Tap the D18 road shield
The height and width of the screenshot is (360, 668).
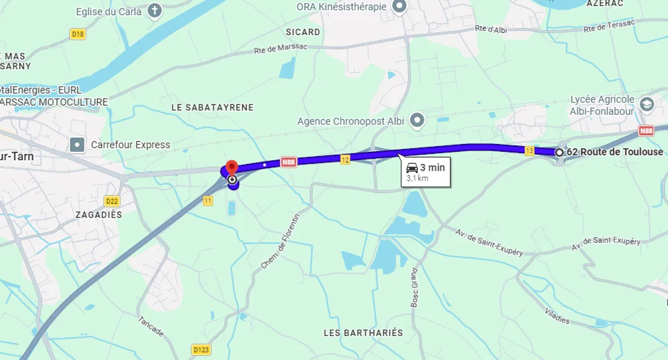pos(78,35)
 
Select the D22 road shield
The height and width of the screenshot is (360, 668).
pos(112,201)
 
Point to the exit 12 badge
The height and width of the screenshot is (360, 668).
pos(345,160)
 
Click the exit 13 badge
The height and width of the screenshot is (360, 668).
pos(530,151)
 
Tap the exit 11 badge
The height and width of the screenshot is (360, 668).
pos(208,200)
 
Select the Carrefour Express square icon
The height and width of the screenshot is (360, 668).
pos(77,144)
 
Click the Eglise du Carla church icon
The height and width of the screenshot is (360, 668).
pos(155,11)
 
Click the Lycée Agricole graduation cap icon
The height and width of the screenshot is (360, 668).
pos(646,104)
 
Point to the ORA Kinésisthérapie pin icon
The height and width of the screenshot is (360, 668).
pos(399,7)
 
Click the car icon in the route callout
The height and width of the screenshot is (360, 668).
pos(412,168)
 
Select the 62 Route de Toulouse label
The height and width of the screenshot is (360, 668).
pos(615,152)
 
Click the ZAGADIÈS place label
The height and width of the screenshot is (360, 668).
pos(98,215)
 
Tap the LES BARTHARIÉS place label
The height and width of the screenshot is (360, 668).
pos(363,333)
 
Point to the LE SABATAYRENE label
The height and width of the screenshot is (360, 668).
pos(213,107)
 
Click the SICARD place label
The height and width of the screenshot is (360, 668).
pos(303,32)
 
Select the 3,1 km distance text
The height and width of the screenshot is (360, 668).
pos(417,178)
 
